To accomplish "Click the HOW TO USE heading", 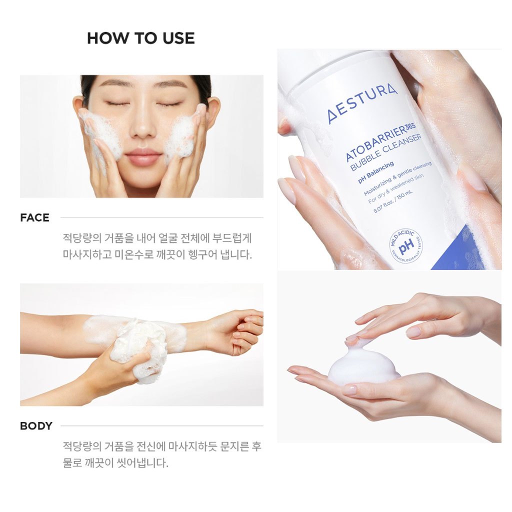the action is [x=140, y=38].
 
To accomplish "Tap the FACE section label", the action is [x=34, y=217].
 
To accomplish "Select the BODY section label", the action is [x=36, y=426].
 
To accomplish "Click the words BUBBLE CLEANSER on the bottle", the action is [x=386, y=152].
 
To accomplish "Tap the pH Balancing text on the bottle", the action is [x=375, y=172].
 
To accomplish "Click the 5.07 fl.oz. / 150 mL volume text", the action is [x=393, y=201].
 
